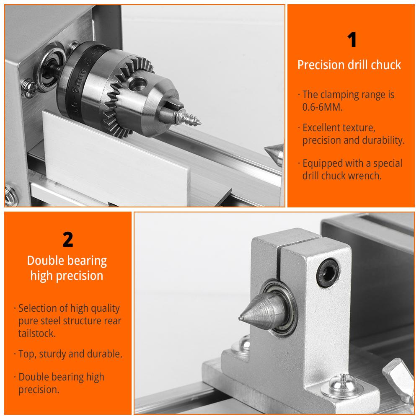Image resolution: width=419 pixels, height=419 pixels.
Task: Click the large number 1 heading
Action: click(352, 39)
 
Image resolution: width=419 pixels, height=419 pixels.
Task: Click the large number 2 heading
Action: click(68, 239)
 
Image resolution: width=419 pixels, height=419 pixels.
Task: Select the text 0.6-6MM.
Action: click(323, 107)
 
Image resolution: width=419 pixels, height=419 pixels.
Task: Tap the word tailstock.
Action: click(37, 333)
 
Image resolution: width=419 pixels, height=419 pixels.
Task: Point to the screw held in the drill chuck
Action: click(189, 117)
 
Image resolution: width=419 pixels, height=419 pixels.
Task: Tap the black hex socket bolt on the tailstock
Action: click(328, 273)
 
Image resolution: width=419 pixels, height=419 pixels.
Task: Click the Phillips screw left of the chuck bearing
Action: click(29, 88)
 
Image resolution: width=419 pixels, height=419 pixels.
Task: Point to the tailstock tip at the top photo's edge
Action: click(274, 154)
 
